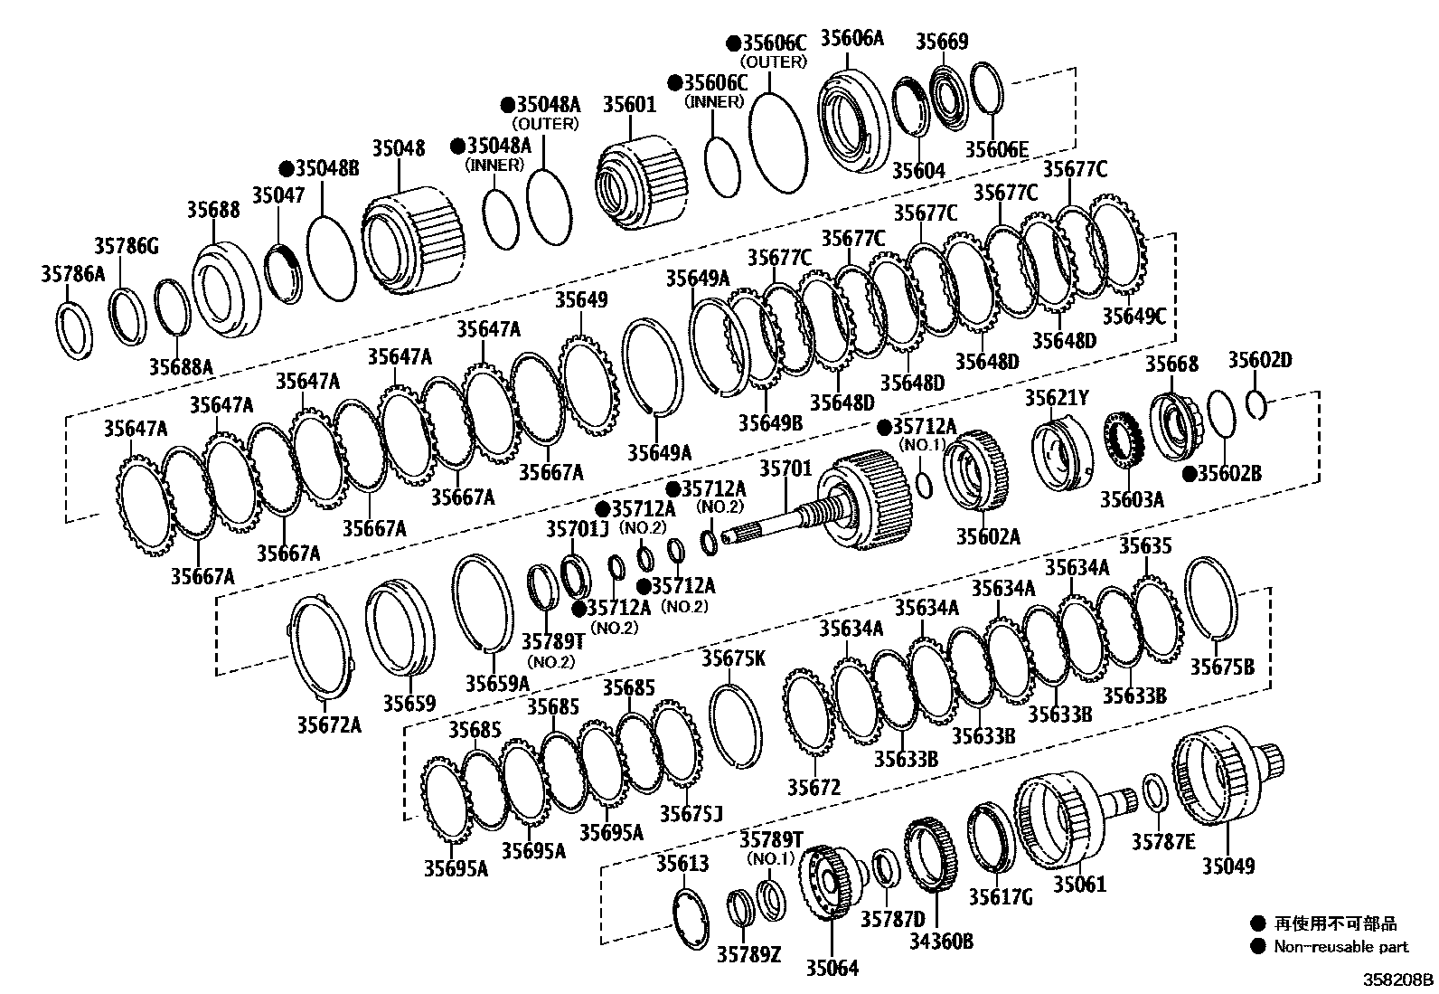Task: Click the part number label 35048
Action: [398, 147]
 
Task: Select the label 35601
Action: [629, 105]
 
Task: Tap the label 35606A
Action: [851, 38]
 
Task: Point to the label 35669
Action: [942, 41]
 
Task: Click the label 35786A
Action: [72, 274]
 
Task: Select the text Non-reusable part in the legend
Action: [1340, 947]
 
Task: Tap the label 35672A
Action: [329, 724]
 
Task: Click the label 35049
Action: [1228, 866]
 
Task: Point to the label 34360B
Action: [941, 942]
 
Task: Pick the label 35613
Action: [682, 863]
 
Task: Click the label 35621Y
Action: [1057, 398]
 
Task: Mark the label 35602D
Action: [1259, 361]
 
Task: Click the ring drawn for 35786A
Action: [75, 331]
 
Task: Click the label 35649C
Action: [1133, 316]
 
